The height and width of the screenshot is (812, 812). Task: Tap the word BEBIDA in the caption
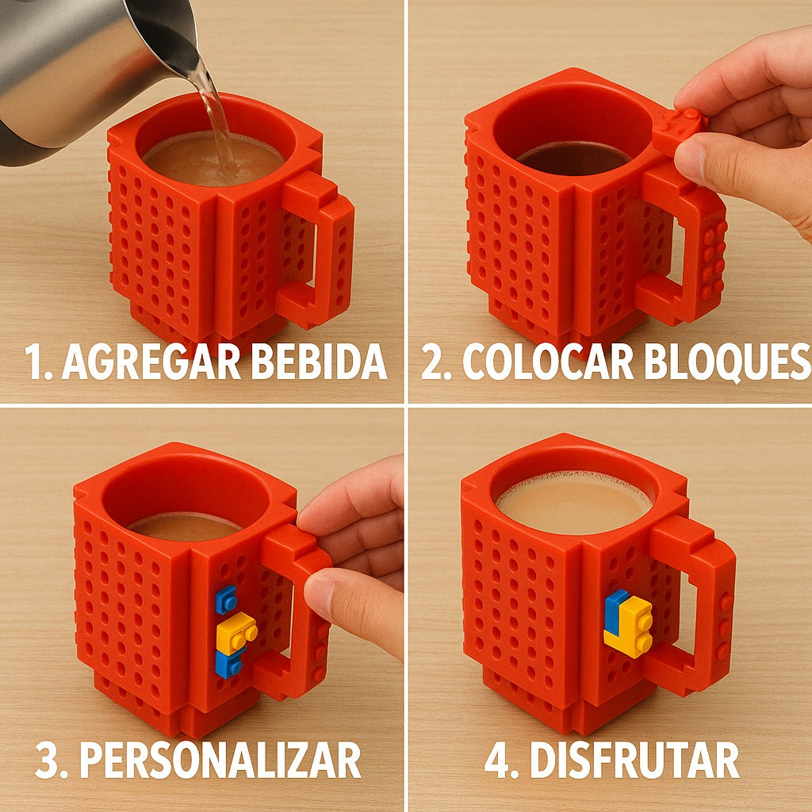click(x=320, y=362)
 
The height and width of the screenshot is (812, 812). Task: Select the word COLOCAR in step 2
click(x=548, y=362)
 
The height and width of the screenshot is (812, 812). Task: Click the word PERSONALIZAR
click(x=220, y=759)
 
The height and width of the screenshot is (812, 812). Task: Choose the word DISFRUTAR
click(x=634, y=759)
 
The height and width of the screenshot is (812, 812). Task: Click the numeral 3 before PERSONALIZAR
click(x=48, y=760)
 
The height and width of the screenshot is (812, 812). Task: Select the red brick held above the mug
click(x=679, y=128)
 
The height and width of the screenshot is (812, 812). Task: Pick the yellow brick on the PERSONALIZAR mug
click(x=236, y=631)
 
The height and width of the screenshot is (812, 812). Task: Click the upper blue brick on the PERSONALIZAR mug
click(x=226, y=599)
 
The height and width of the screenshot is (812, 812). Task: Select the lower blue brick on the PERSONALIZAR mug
click(x=228, y=664)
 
